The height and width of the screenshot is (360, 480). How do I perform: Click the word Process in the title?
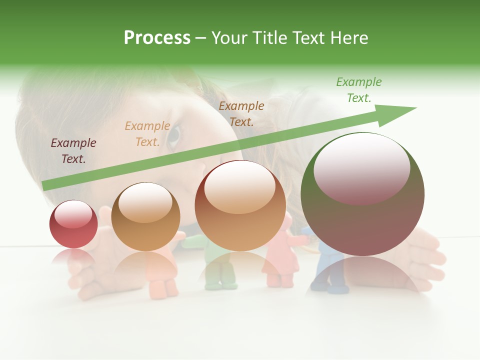[x=157, y=38]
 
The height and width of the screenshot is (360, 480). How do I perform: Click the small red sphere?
[x=73, y=224]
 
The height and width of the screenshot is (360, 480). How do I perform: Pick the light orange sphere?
[x=145, y=217]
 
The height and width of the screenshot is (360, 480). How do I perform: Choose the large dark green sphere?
[x=362, y=194]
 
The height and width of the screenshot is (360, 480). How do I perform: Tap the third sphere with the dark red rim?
[x=240, y=206]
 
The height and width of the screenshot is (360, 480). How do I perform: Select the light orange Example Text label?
[x=147, y=134]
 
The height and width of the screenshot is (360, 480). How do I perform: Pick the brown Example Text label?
[x=241, y=113]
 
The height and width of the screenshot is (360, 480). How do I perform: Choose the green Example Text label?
[x=359, y=90]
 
